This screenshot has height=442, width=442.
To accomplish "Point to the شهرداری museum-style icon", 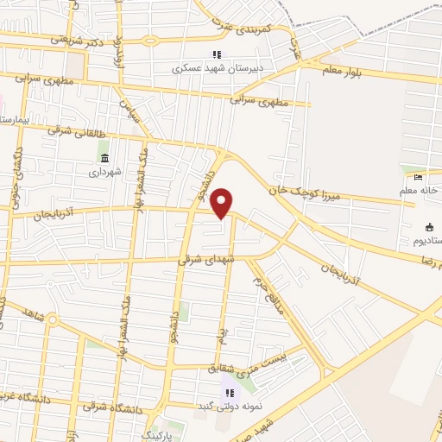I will point(104,159).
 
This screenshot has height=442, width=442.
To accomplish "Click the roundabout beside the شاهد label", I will point(52,321).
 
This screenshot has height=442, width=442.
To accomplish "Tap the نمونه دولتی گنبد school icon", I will point(229,393).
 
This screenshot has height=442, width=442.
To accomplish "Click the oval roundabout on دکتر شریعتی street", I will point(150,41).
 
